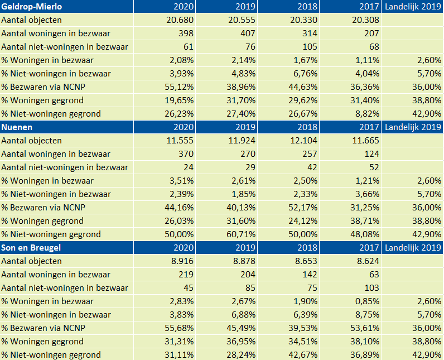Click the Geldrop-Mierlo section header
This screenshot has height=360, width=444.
(31, 7)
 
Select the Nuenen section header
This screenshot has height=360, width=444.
(17, 127)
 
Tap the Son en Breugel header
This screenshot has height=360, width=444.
(31, 248)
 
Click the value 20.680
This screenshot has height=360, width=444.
(180, 20)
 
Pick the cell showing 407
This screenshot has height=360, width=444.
(248, 33)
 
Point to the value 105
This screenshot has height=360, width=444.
(310, 47)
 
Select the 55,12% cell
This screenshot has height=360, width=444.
(179, 87)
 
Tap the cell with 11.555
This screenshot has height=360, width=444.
(180, 141)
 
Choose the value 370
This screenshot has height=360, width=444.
(186, 154)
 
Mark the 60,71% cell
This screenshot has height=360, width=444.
(241, 234)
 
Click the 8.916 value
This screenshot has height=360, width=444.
(182, 261)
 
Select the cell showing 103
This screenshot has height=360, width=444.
(372, 288)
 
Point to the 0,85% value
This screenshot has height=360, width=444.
(367, 301)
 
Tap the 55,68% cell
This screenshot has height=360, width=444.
(179, 328)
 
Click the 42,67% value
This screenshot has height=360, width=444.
(303, 355)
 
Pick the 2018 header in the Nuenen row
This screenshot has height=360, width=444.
(307, 127)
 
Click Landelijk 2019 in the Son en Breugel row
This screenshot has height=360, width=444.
(413, 248)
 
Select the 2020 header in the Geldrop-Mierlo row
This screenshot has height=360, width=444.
(184, 7)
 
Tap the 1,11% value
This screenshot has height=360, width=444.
(367, 60)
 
